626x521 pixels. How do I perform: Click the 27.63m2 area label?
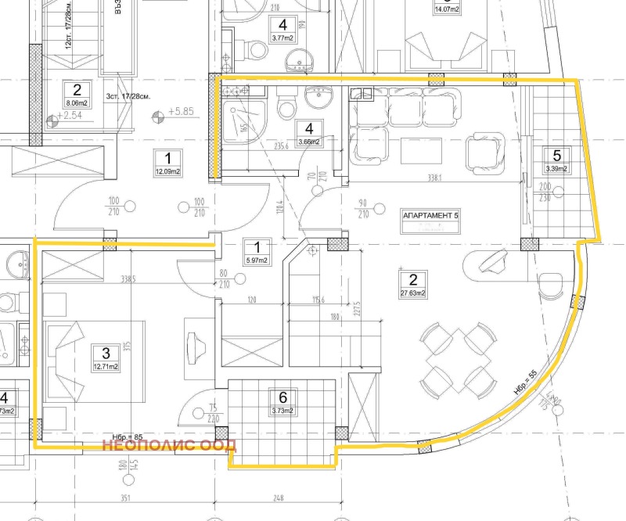tap(412, 294)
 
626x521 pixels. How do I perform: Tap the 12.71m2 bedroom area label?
tap(105, 366)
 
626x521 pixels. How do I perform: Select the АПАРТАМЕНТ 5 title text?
tap(429, 214)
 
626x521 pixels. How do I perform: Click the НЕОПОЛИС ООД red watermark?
tap(170, 447)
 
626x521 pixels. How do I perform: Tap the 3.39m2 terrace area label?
tap(556, 168)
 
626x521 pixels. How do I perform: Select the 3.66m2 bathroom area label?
tap(310, 142)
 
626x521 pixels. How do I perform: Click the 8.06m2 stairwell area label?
tap(77, 102)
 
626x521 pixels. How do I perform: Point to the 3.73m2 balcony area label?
tap(282, 410)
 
